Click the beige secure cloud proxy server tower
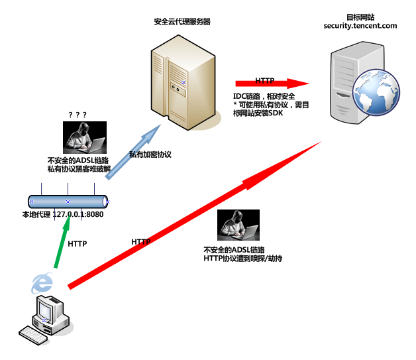[x=183, y=83]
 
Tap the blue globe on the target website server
[x=376, y=92]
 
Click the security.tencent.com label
[x=360, y=26]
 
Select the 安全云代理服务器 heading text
[x=182, y=21]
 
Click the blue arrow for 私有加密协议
[x=133, y=152]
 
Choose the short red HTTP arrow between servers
[x=272, y=84]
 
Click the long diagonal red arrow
[x=195, y=215]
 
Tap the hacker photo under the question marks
[x=85, y=137]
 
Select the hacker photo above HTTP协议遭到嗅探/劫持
[x=238, y=225]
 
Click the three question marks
[x=78, y=115]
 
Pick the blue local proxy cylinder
[x=68, y=202]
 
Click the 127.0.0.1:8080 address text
[x=78, y=214]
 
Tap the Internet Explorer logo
[x=42, y=283]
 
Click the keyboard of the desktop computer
[x=33, y=335]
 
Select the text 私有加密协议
[x=150, y=154]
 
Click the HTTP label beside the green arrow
[x=78, y=244]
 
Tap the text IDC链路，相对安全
[x=264, y=96]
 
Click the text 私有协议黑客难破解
[x=79, y=169]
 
